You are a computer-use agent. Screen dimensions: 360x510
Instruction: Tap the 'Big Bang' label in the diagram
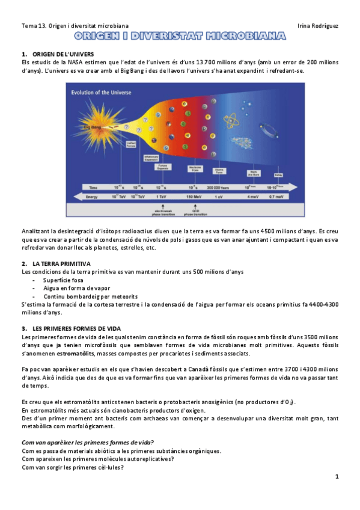click(x=91, y=127)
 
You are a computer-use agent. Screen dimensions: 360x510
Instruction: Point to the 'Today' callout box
click(x=278, y=174)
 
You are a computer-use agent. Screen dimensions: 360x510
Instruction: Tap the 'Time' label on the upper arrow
click(x=93, y=187)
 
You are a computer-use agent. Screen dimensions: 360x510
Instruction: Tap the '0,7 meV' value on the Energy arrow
click(x=276, y=196)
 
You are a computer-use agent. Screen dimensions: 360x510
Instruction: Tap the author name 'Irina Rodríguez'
click(x=318, y=26)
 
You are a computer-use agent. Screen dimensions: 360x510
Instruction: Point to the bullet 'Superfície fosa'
click(x=67, y=280)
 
